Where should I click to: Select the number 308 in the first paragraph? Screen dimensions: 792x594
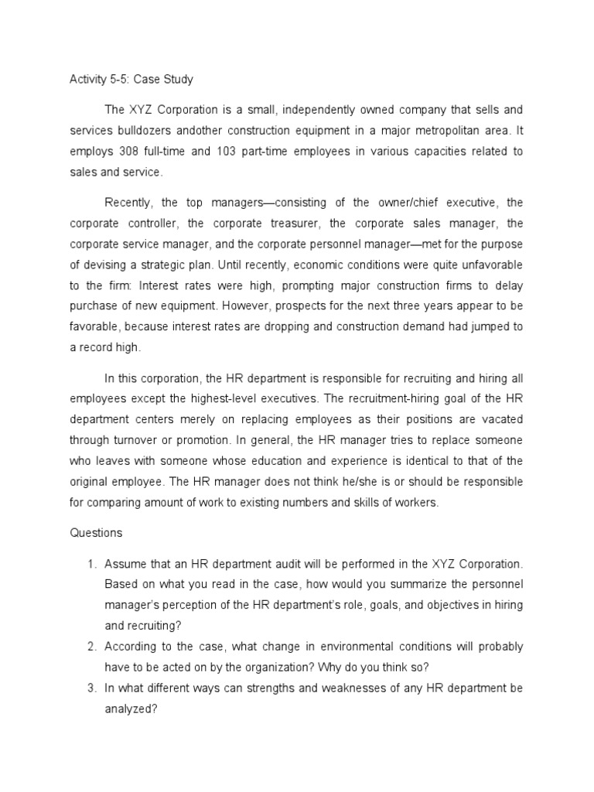130,152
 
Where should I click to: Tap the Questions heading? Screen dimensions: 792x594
96,533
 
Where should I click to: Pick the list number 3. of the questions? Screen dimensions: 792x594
91,686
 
